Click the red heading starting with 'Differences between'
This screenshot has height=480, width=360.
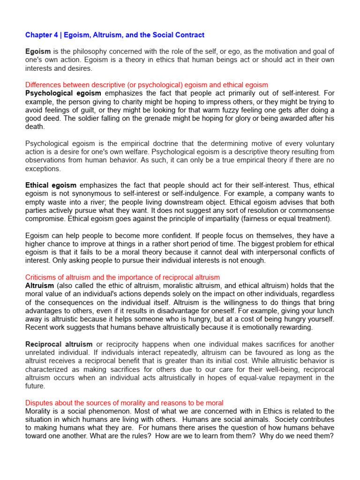pos(147,85)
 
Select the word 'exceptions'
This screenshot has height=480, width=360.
pos(43,168)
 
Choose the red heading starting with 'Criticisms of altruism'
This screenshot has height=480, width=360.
pos(122,277)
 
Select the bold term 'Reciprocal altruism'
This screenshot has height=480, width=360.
pos(59,344)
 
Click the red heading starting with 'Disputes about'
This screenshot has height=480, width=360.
pos(124,403)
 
